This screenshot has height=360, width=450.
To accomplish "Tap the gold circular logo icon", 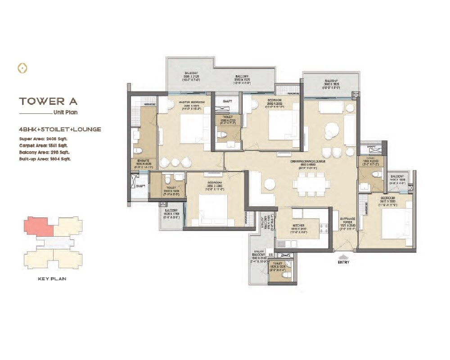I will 22,68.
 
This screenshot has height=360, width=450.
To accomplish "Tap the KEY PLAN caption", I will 52,279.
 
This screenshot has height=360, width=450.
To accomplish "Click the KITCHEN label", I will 299,225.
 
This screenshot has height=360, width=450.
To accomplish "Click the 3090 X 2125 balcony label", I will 193,76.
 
